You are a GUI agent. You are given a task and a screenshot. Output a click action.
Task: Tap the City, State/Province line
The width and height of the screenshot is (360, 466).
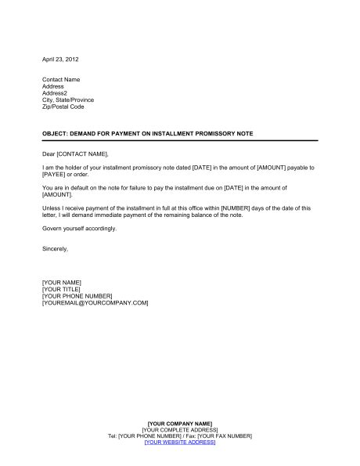tap(71, 100)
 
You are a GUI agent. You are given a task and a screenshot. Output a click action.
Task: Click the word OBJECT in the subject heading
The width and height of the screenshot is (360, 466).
tap(54, 134)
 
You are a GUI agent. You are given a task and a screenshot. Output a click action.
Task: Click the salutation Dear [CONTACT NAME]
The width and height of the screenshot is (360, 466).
tap(76, 154)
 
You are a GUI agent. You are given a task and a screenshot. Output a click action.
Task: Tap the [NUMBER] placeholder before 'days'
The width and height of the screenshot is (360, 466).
tap(239, 208)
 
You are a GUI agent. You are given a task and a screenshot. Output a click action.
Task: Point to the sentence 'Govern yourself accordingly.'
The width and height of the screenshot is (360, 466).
tap(79, 228)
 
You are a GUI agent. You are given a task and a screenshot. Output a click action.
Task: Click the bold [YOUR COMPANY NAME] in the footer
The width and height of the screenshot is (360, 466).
tap(179, 424)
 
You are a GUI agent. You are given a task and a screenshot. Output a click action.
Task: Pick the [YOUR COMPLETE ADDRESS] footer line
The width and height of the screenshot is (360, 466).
tap(180, 430)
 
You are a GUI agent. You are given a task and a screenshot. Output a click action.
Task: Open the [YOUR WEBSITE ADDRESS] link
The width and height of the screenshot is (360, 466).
tap(180, 443)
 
